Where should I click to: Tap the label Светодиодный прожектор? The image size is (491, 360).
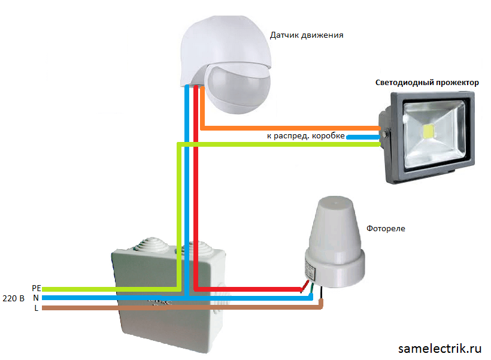(427, 83)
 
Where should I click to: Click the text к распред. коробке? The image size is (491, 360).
(305, 136)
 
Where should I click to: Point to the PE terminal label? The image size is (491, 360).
(36, 288)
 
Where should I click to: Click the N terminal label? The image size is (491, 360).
(36, 298)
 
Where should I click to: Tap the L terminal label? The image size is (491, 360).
(37, 308)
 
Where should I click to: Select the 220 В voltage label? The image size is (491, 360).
(13, 298)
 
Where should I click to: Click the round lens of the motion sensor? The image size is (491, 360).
(235, 90)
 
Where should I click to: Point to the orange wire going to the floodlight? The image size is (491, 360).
(287, 128)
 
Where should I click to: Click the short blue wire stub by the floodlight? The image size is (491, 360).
(362, 137)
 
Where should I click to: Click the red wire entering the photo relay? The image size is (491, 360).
(251, 290)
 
